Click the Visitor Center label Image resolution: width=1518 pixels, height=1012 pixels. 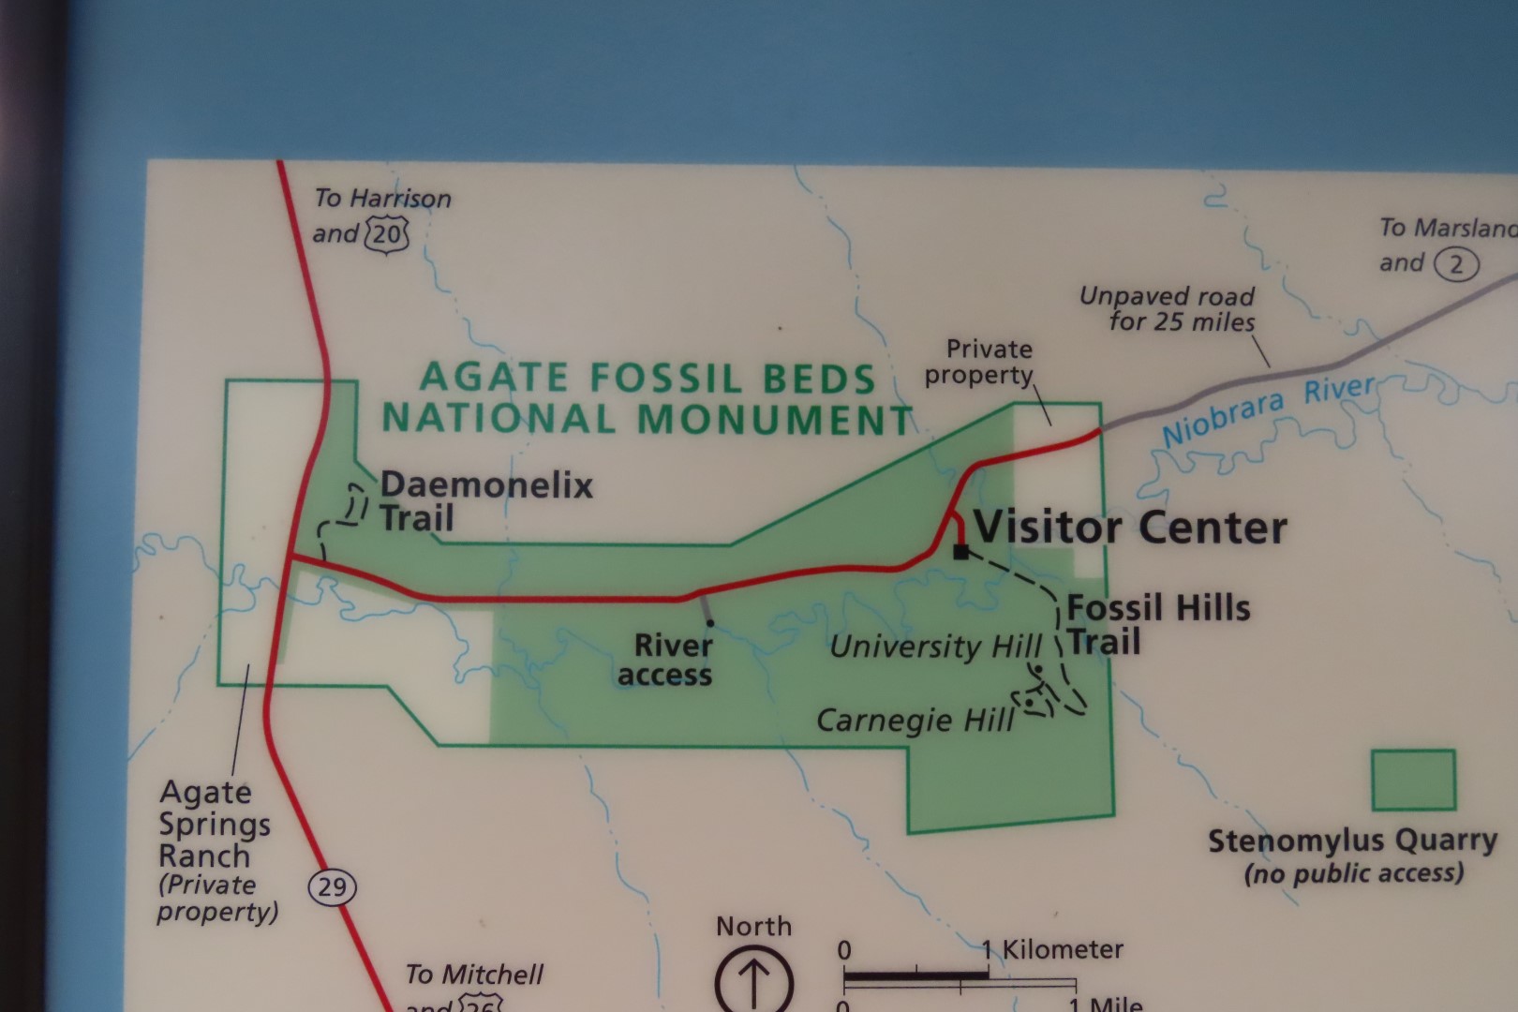pos(1130,528)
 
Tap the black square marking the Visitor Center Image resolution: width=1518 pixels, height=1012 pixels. pos(960,551)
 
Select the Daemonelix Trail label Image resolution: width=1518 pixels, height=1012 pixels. pos(485,501)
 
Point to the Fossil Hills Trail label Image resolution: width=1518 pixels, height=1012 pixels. pos(1157,625)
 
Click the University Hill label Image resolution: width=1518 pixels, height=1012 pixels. pos(934,647)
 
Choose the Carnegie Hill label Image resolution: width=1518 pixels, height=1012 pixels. pos(915,720)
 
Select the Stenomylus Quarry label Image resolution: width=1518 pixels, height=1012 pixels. pos(1351,841)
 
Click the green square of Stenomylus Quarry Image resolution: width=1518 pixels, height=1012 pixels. pos(1413,780)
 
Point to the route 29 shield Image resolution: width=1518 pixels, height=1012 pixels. pos(333,886)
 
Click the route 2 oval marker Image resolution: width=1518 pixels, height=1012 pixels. pos(1455,265)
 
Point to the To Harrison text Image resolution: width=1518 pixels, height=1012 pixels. pos(382,199)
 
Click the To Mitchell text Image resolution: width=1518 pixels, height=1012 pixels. pos(473,975)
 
